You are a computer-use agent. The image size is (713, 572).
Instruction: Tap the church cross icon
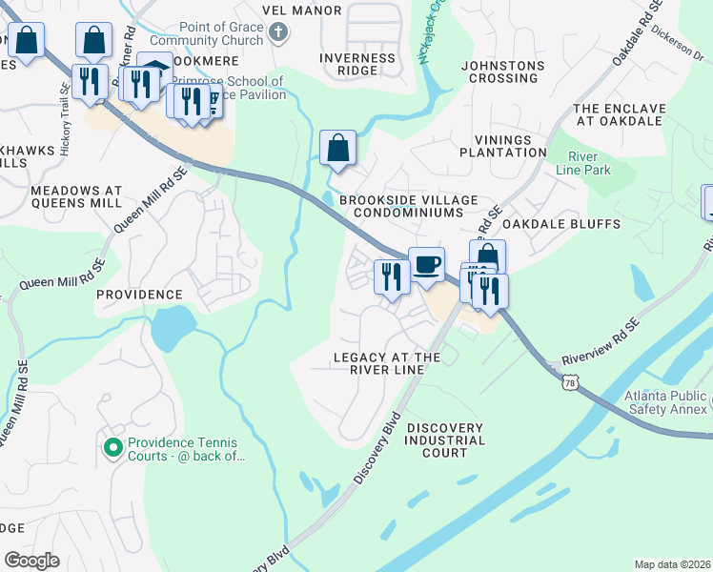[x=277, y=34]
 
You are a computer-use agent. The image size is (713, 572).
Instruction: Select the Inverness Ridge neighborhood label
[x=357, y=65]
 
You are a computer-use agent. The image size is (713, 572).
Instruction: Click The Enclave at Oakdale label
[x=617, y=114]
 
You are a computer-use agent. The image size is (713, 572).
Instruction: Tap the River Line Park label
[x=588, y=163]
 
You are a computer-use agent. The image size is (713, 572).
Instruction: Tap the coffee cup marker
[x=426, y=264]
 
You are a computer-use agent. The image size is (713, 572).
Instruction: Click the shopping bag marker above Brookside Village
[x=337, y=148]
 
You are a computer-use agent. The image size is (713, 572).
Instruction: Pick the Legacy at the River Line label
[x=386, y=363]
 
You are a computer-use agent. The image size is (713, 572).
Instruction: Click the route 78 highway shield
[x=569, y=382]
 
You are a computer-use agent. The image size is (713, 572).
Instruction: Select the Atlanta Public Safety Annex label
[x=666, y=402]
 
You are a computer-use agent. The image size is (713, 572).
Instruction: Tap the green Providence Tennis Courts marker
[x=112, y=445]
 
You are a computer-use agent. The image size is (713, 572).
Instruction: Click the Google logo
[x=32, y=561]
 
